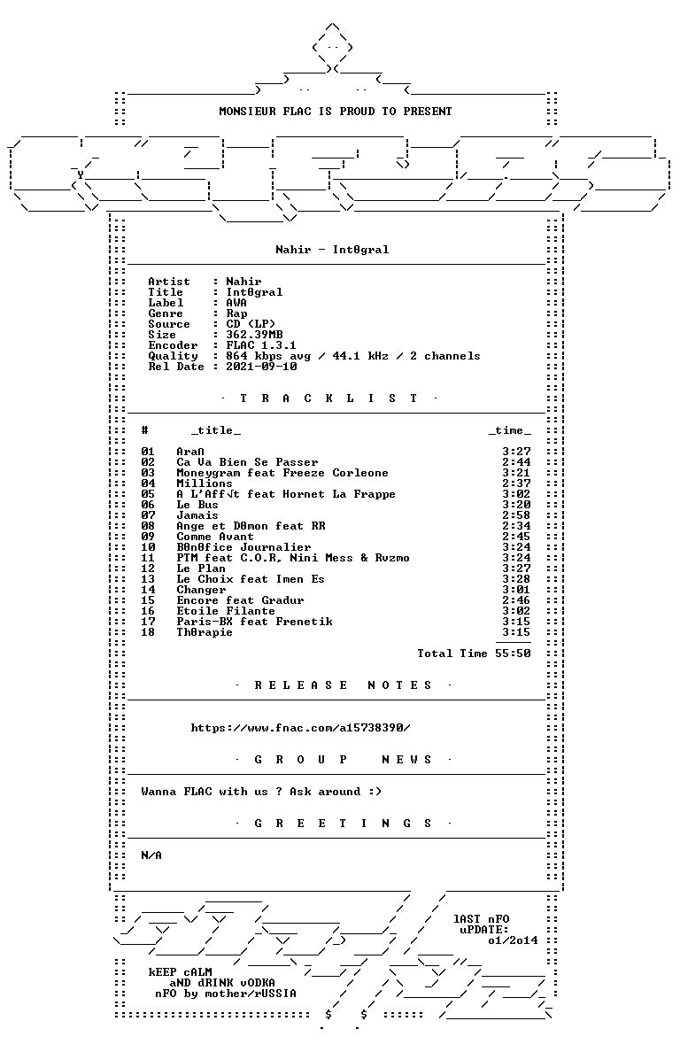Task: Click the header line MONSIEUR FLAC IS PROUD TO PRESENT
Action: (336, 112)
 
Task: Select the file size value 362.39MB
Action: (254, 335)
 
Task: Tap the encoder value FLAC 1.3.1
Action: (261, 345)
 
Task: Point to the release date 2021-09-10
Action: (261, 367)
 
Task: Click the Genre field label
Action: (166, 313)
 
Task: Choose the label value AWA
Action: (236, 303)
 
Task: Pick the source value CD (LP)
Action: (251, 324)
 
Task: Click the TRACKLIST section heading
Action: (328, 398)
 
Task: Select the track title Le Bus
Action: (197, 505)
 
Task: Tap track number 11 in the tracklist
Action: (148, 558)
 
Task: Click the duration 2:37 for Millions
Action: (516, 483)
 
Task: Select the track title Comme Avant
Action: (215, 536)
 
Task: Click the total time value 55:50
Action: (513, 654)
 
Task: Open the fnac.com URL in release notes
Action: (300, 728)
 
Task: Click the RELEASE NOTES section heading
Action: (344, 685)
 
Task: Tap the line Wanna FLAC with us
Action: (261, 792)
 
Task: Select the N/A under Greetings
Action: (151, 855)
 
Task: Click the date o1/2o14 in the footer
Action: (513, 940)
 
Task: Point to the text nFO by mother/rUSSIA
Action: (225, 994)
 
